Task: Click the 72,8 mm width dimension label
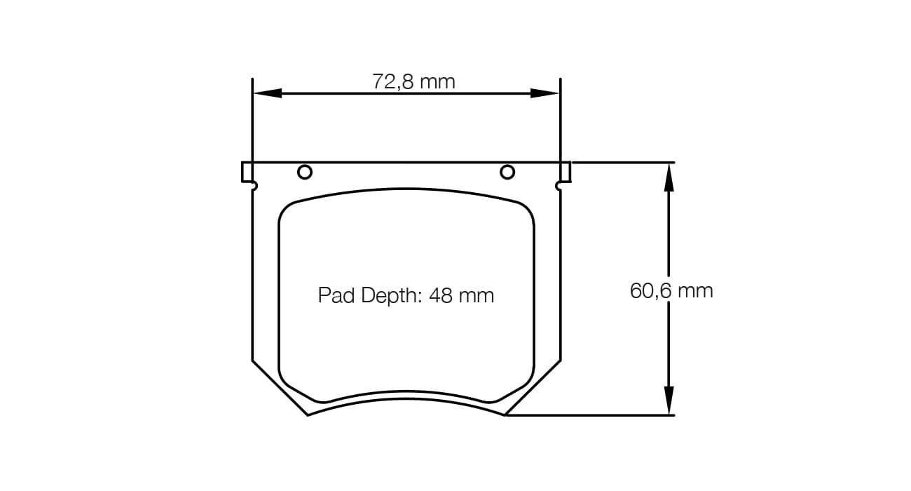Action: pos(413,82)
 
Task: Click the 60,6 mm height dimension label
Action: pos(671,290)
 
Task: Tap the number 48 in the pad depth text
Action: pos(441,295)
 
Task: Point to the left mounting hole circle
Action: pos(305,172)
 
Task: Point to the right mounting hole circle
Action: pos(507,172)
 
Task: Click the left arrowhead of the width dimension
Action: pos(267,93)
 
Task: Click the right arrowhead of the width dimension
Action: pos(544,93)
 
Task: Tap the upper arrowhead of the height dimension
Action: pos(669,178)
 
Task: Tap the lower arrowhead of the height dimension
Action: pos(669,401)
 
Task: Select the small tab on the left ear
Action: pos(246,172)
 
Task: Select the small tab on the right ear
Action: pos(566,172)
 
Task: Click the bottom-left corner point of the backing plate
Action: pos(308,415)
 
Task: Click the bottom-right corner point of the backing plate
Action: pos(505,415)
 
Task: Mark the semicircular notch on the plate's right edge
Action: pos(558,186)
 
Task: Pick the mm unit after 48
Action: pos(477,295)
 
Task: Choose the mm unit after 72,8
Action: pos(438,82)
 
